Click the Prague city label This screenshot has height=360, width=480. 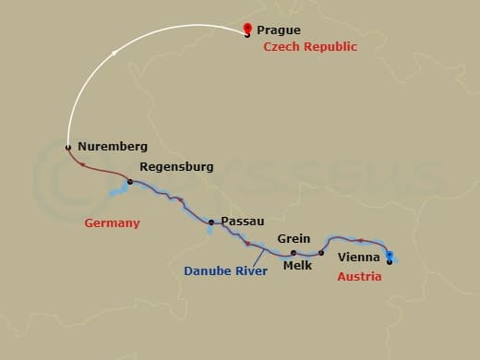279,30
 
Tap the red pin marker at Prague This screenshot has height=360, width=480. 247,29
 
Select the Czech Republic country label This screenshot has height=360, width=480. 310,46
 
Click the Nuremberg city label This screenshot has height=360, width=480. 113,146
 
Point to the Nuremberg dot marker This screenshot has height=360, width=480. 68,146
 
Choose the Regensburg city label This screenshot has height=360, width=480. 175,167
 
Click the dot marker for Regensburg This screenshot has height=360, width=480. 129,181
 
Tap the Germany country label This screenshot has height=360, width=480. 112,222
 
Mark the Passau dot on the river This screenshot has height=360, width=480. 211,222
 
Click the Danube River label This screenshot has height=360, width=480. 225,271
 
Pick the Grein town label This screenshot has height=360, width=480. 294,238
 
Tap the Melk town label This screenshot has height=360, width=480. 297,266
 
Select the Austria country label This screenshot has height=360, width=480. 359,276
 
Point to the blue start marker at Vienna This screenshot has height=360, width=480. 390,255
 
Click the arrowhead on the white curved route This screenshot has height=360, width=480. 114,54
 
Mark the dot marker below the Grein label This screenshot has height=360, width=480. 294,252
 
